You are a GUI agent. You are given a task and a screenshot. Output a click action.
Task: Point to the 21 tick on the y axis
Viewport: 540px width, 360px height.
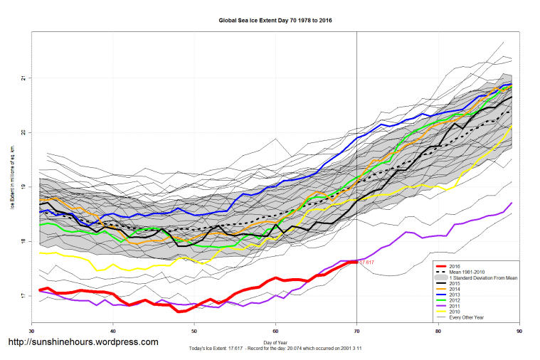[23, 78]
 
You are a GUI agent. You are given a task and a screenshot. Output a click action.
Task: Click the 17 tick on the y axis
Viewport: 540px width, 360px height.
[23, 296]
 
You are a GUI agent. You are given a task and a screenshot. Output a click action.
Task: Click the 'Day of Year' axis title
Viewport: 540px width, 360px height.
[275, 342]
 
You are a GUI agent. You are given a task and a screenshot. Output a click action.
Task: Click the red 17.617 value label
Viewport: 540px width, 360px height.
[366, 263]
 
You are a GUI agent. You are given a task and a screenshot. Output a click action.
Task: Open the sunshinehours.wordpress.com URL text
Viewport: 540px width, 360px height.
[83, 342]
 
